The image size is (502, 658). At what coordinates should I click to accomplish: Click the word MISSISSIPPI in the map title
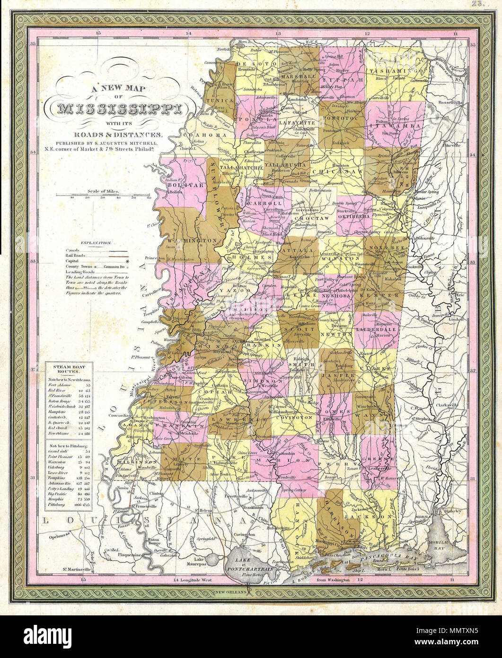[119, 110]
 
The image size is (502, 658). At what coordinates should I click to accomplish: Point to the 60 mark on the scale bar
[149, 198]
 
